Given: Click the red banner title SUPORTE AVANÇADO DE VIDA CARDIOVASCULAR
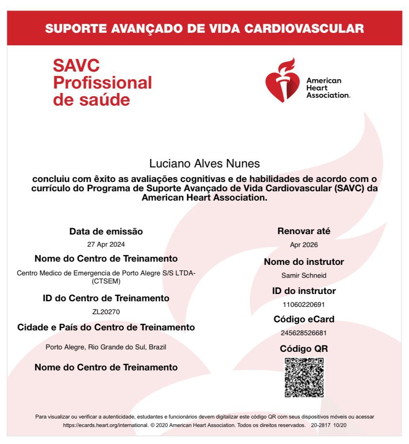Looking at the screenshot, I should (x=204, y=29).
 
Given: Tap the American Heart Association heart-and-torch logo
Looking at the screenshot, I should (x=280, y=80).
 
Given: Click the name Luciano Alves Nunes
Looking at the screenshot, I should (x=204, y=164).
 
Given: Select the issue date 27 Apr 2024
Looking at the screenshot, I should (x=106, y=245).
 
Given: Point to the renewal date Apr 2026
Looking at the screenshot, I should (x=304, y=245).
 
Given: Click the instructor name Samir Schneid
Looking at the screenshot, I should (x=304, y=276).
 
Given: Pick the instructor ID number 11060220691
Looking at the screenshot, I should (x=304, y=304).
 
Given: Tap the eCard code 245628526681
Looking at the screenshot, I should (x=304, y=333).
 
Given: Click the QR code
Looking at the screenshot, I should (x=304, y=377).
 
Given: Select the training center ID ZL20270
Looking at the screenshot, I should (x=106, y=312).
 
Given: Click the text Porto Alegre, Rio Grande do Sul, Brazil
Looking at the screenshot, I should (x=106, y=347).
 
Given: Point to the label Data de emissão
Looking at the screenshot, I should (x=106, y=232).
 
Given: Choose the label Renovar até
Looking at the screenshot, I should (x=304, y=231).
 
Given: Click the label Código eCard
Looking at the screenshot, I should (x=304, y=319).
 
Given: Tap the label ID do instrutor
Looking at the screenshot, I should (x=304, y=291).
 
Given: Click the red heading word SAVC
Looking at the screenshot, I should (x=76, y=66).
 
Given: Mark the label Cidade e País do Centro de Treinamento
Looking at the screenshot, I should (x=106, y=327).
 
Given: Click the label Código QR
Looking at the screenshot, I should (x=304, y=349).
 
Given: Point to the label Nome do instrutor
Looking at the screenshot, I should (x=304, y=262).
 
